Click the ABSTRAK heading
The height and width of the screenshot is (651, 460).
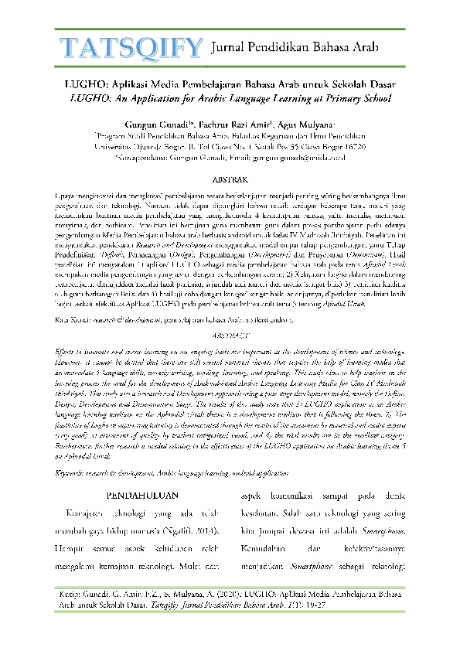point(230,177)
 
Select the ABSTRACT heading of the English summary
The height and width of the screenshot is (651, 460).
point(230,357)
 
